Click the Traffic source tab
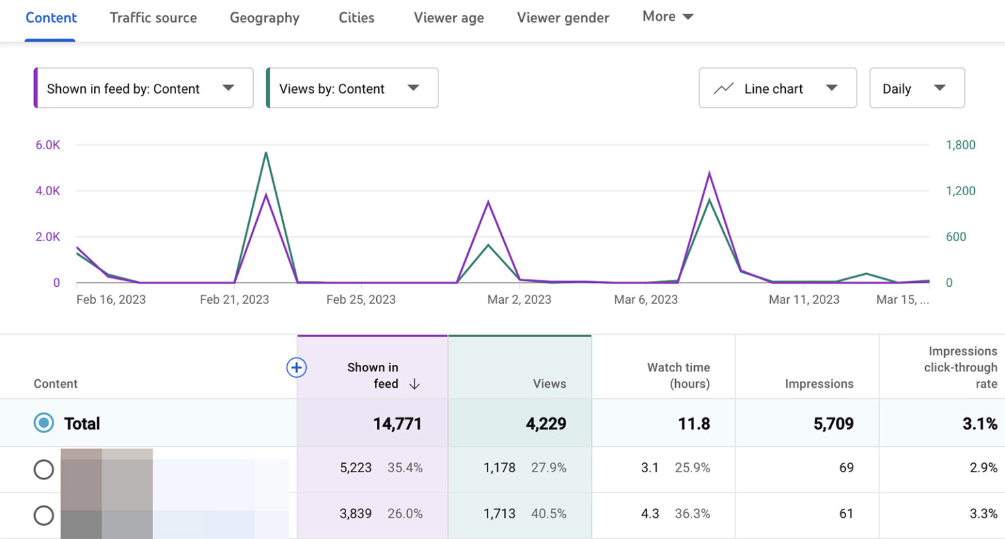tap(153, 18)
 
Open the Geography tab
tap(264, 18)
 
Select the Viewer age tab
tap(448, 18)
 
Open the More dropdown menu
tap(667, 16)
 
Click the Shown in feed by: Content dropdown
tap(143, 88)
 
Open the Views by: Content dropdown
tap(352, 88)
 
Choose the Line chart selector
tap(777, 88)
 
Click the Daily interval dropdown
tap(916, 88)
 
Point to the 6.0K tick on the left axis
tap(48, 145)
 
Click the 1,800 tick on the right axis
tap(960, 145)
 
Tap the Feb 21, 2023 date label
tap(234, 299)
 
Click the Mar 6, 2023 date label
tap(645, 299)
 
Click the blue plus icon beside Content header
tap(296, 367)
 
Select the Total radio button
tap(44, 423)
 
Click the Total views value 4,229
tap(546, 424)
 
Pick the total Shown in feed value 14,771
tap(397, 424)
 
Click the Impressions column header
tap(819, 384)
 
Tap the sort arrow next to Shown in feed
tap(414, 384)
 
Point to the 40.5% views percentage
tap(548, 513)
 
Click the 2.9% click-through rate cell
tap(983, 468)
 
